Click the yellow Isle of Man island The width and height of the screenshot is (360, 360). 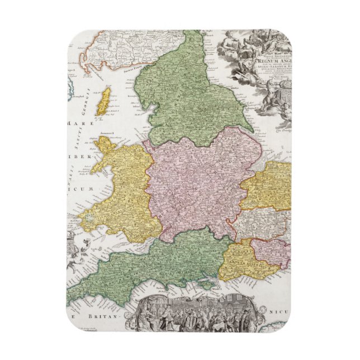[103, 102]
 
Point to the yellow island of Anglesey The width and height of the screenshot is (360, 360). [100, 144]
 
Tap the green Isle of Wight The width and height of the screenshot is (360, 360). [206, 285]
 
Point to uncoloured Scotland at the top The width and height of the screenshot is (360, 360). [129, 48]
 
